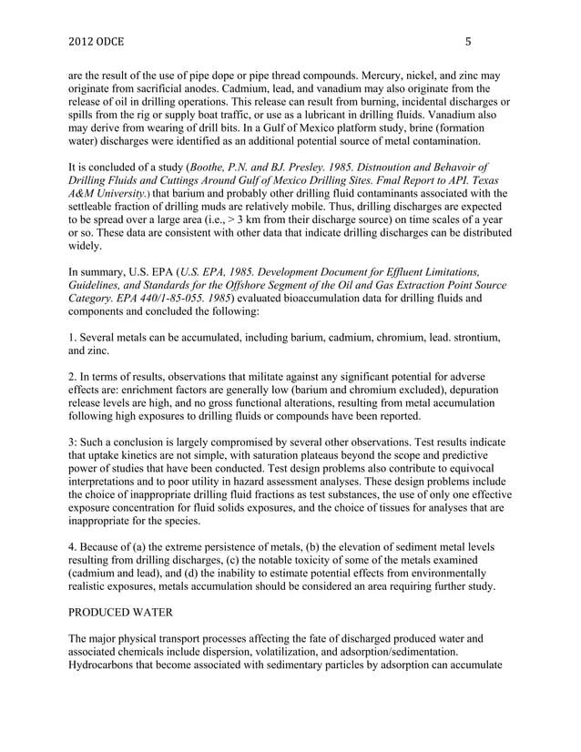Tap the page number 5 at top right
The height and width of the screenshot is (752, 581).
pyautogui.click(x=468, y=41)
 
